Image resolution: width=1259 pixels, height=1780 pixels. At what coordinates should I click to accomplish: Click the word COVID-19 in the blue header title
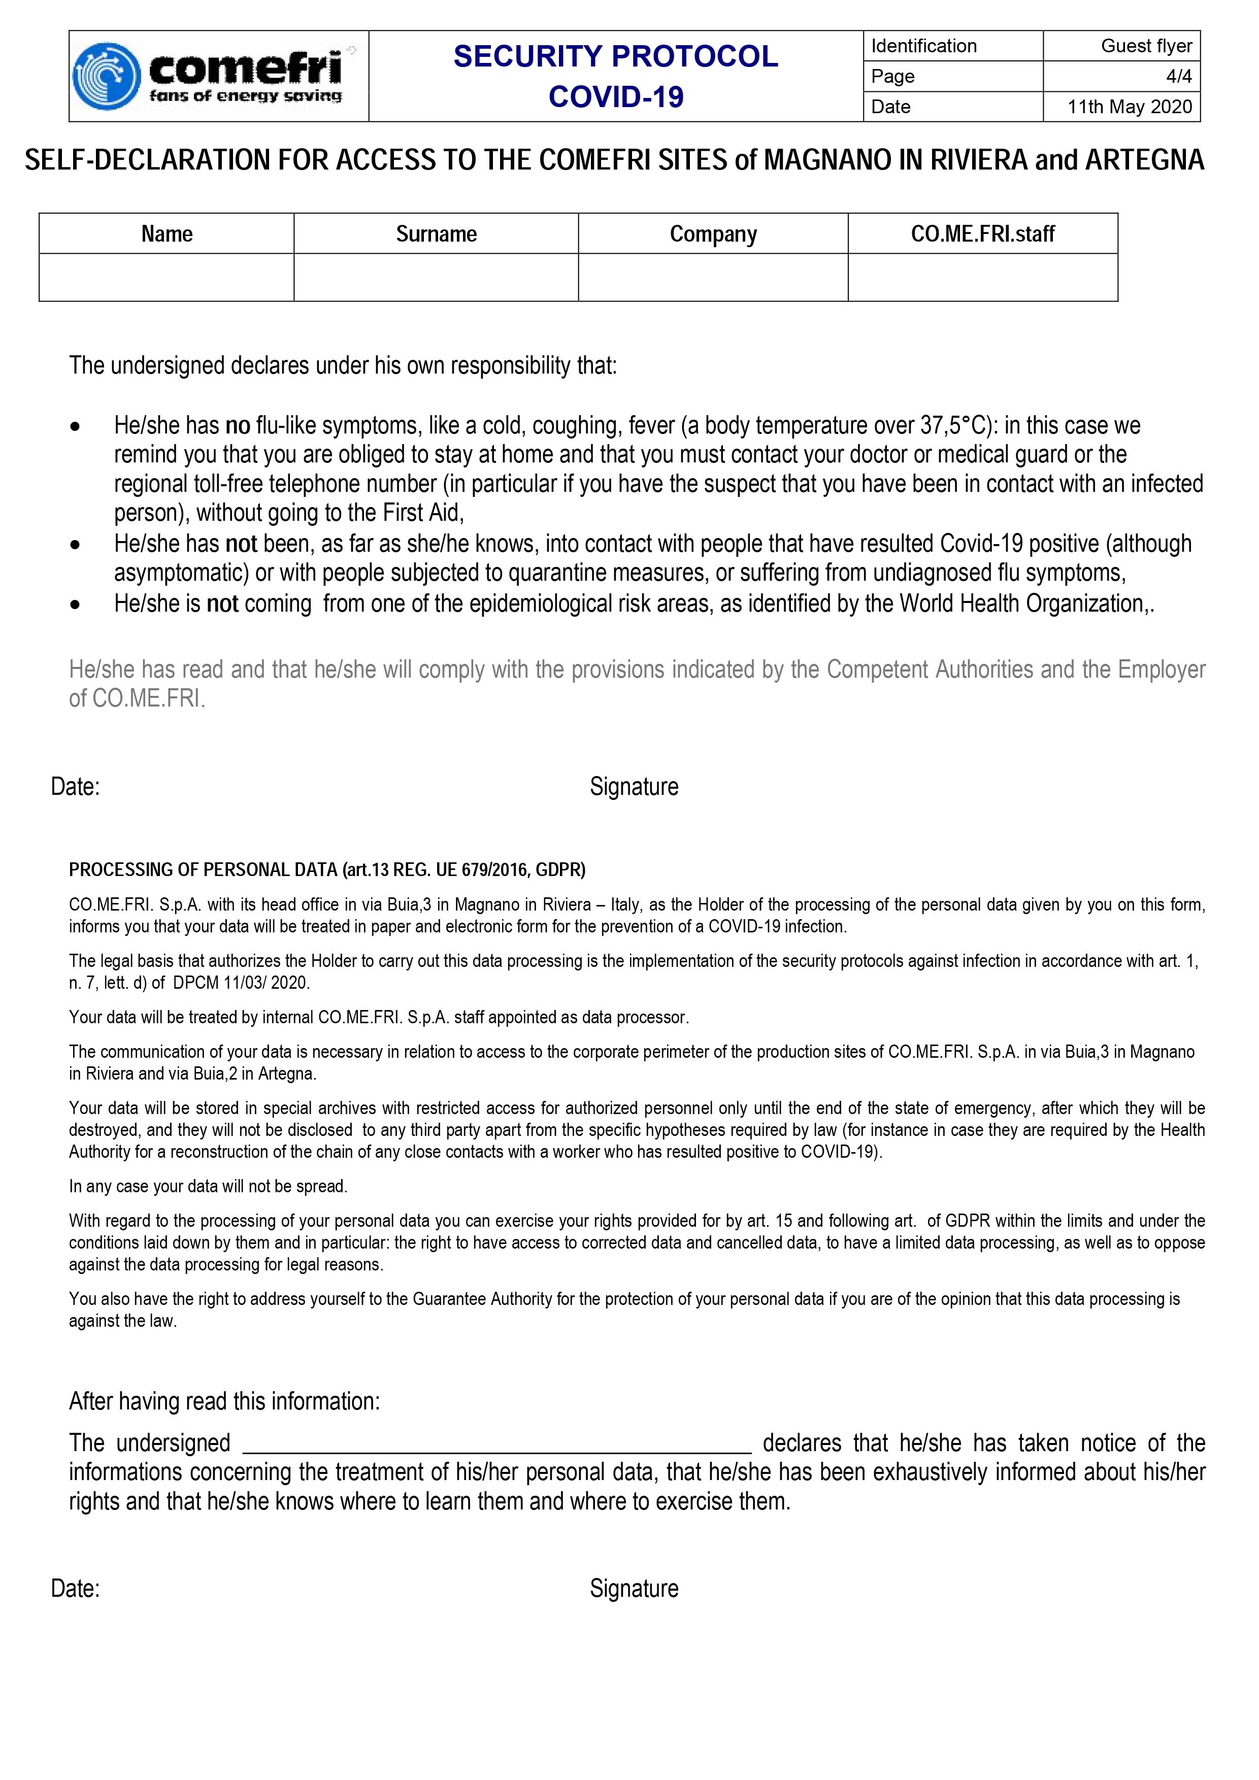(616, 97)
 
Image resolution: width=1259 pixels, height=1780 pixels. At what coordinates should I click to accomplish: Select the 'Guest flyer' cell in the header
(1122, 46)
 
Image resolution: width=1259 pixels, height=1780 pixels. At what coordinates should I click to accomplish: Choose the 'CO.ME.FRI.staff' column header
(982, 234)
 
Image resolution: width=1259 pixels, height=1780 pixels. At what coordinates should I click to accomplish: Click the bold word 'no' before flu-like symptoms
(237, 426)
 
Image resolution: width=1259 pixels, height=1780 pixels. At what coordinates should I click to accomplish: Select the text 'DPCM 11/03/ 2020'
(240, 983)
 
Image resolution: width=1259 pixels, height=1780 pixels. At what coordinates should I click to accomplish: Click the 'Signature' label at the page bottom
(634, 1589)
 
